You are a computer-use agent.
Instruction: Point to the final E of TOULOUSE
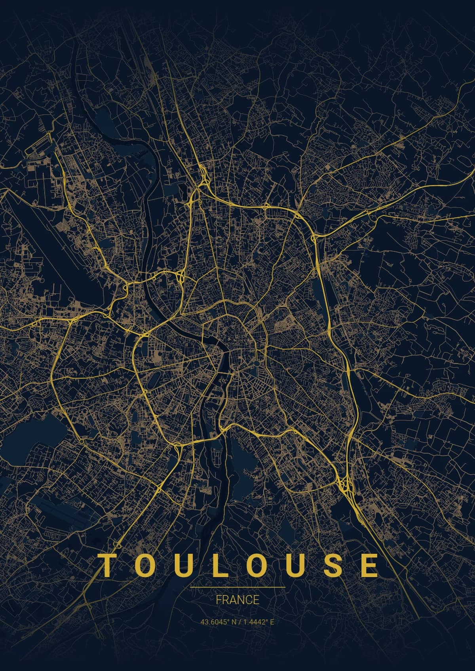point(370,566)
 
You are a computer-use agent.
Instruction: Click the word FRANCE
point(237,600)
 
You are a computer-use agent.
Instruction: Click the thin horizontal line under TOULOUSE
point(237,588)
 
